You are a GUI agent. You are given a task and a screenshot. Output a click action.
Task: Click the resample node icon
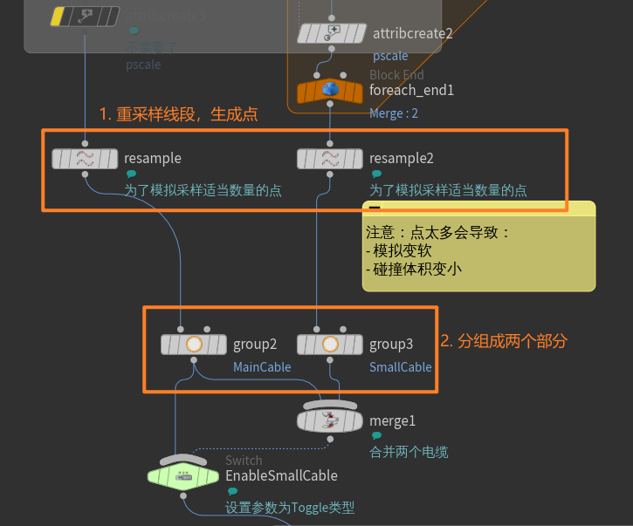(x=85, y=158)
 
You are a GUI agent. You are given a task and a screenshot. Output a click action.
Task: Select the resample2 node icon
(x=330, y=158)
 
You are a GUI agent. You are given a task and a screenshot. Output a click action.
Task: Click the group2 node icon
(x=194, y=344)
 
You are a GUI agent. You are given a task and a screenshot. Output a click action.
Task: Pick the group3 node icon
(x=330, y=344)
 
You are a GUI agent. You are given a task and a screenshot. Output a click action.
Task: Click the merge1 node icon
(x=330, y=420)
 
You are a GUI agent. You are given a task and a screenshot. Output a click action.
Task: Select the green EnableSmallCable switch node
(x=183, y=475)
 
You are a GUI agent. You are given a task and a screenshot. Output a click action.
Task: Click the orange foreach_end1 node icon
(x=330, y=90)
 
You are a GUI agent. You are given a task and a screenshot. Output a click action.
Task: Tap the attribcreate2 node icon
(x=331, y=34)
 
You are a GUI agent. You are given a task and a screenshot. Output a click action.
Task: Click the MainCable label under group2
(x=262, y=367)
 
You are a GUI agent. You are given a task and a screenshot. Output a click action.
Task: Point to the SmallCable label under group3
(x=400, y=367)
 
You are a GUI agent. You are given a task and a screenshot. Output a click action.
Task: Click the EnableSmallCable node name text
(x=281, y=475)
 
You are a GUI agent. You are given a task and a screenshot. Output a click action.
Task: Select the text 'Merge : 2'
(x=394, y=113)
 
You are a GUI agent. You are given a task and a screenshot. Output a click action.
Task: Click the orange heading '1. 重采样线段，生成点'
(x=178, y=114)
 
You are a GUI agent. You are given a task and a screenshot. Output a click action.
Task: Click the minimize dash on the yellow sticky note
(x=374, y=208)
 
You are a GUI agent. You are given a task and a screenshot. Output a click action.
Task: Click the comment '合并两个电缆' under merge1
(x=409, y=452)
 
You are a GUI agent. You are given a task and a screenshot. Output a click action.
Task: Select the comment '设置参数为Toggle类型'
(x=290, y=508)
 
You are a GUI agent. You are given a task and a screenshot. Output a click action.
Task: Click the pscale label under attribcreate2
(x=390, y=56)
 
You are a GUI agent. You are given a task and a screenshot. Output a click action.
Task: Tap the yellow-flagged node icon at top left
(x=85, y=16)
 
